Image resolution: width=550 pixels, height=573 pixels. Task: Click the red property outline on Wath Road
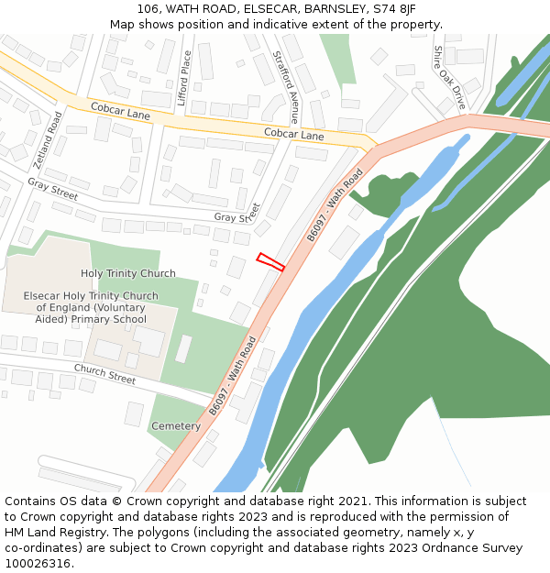270,261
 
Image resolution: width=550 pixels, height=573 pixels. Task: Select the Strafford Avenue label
285,87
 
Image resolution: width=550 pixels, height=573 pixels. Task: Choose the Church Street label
104,373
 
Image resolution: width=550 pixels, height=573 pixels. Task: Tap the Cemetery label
175,426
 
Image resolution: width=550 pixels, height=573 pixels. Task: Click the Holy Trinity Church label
128,273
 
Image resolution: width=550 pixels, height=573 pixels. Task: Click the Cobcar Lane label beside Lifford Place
120,112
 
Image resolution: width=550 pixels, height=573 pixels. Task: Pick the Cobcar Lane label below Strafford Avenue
294,135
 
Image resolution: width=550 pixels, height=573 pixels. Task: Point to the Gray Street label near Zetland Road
52,188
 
